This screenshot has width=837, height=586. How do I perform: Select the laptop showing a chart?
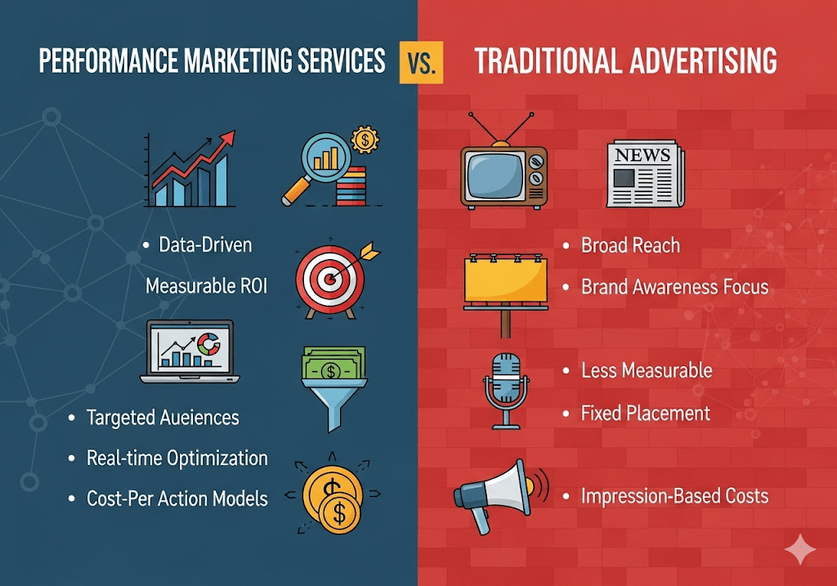click(x=187, y=352)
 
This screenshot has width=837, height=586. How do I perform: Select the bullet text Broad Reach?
click(x=629, y=245)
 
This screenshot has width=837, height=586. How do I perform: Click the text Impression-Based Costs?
click(x=674, y=495)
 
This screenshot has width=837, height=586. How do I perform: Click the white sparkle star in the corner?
click(x=799, y=552)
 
